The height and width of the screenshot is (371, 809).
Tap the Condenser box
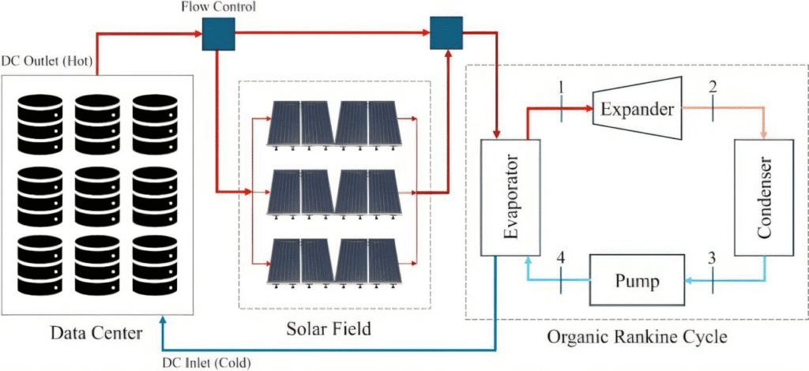[762, 197]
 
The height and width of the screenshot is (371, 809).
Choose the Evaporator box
[510, 198]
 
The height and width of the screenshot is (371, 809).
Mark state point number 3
[713, 258]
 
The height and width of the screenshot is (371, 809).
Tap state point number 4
[562, 258]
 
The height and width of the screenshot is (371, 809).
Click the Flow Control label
[217, 7]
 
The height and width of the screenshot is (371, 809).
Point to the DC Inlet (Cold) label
[208, 362]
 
